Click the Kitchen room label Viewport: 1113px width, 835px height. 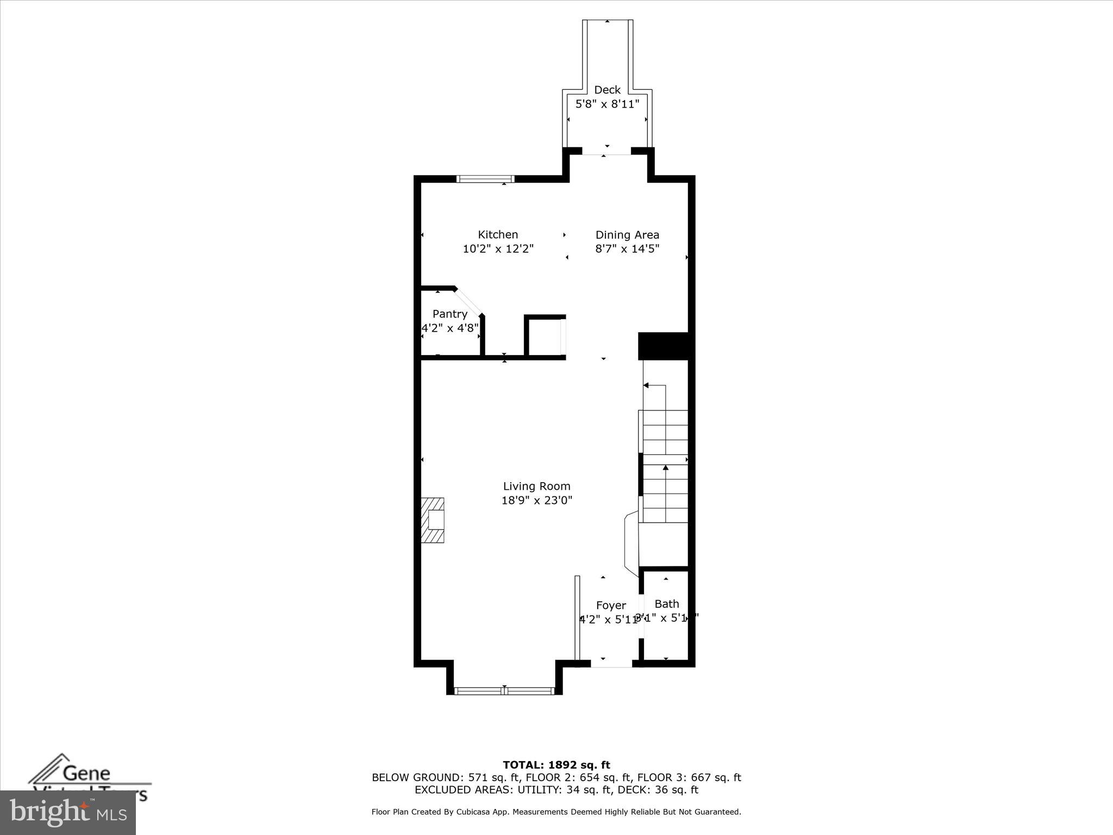click(497, 234)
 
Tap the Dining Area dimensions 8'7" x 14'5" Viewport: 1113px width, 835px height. click(627, 249)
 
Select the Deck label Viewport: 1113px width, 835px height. click(607, 90)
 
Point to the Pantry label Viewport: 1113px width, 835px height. click(449, 314)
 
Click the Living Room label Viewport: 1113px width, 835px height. click(536, 486)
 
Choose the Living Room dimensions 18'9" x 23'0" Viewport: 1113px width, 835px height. click(536, 500)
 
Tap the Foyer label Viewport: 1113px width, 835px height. click(611, 605)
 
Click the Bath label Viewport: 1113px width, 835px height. click(666, 603)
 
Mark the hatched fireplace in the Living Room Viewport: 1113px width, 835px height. click(433, 520)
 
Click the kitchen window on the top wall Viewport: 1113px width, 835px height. click(485, 178)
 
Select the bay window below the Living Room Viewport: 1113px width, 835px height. click(504, 691)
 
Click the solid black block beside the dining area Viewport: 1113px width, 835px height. click(663, 346)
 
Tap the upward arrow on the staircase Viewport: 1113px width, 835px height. click(666, 468)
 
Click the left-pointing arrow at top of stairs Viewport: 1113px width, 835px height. click(646, 385)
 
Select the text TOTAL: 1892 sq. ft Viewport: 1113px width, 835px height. click(556, 765)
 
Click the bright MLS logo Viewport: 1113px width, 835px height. click(67, 812)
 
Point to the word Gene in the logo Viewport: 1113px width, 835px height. click(87, 772)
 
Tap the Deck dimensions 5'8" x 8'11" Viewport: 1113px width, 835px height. click(607, 104)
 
